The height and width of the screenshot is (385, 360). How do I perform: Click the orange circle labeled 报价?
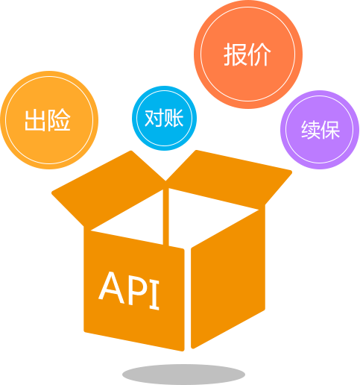point(248,54)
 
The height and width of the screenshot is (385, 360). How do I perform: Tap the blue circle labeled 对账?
point(164,118)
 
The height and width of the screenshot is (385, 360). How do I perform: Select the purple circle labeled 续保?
point(320,130)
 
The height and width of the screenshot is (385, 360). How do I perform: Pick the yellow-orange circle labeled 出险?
point(49,120)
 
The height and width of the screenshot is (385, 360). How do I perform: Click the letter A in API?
point(111,288)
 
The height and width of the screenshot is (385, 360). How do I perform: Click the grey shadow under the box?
point(183,375)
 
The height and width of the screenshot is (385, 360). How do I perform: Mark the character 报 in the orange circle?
point(235,54)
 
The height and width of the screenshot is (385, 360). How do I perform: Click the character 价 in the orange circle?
point(259,54)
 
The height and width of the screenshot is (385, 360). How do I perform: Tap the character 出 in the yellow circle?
point(35,120)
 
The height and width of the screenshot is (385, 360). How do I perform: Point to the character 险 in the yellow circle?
point(59,120)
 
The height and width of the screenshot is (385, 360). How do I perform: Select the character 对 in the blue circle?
point(154,118)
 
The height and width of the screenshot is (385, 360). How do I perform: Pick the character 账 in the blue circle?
point(174,118)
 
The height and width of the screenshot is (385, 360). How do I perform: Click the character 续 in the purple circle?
point(310,130)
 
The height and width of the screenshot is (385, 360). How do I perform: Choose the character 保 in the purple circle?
point(330,130)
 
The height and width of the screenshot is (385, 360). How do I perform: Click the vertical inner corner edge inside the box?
point(165,217)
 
